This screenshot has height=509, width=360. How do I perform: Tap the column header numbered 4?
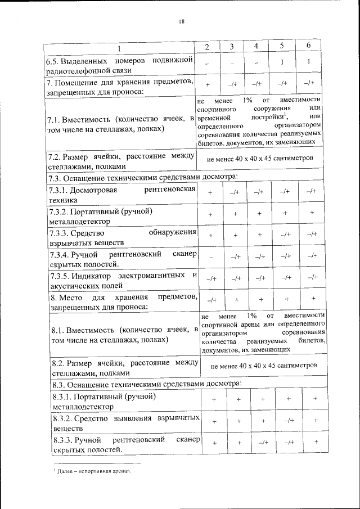[x=256, y=46]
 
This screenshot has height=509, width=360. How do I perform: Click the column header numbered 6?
[x=308, y=45]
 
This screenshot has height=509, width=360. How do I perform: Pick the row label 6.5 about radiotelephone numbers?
[x=119, y=65]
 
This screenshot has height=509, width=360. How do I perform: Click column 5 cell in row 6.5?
[x=282, y=62]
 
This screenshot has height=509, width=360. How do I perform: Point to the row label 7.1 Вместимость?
[x=119, y=124]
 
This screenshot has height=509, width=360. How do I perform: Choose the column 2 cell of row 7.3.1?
[x=210, y=192]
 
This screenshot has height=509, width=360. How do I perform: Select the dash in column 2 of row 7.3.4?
[x=210, y=256]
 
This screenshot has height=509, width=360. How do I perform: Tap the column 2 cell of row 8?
[x=211, y=300]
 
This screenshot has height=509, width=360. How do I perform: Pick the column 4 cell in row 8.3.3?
[x=263, y=443]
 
